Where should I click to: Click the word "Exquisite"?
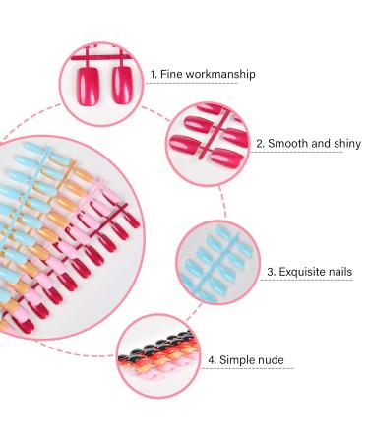coord(302,272)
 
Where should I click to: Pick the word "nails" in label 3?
coord(340,272)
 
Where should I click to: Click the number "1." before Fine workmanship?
coord(153,74)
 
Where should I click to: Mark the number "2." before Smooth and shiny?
coord(261,143)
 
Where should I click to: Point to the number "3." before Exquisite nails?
coord(272,272)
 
